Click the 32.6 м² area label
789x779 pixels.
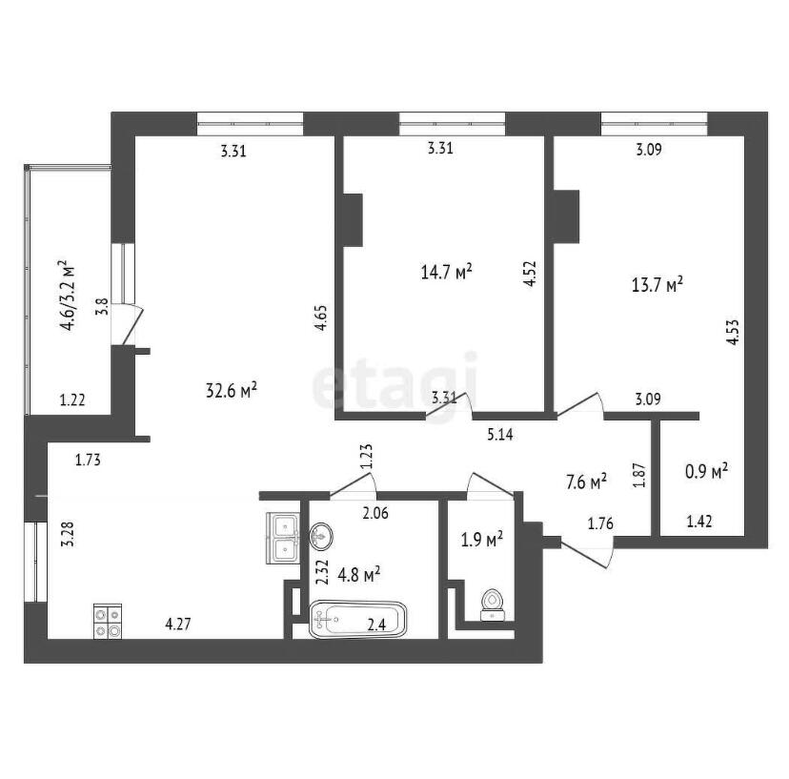pyautogui.click(x=232, y=390)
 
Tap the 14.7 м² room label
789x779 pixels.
pyautogui.click(x=446, y=273)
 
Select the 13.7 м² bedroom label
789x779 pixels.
pyautogui.click(x=657, y=285)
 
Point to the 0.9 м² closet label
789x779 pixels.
pyautogui.click(x=706, y=471)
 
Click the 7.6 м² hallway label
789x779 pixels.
pyautogui.click(x=586, y=482)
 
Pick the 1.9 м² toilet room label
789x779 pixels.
pyautogui.click(x=482, y=540)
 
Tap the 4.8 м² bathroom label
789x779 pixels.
pyautogui.click(x=359, y=575)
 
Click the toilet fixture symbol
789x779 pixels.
pyautogui.click(x=491, y=605)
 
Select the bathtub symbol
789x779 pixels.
pyautogui.click(x=357, y=620)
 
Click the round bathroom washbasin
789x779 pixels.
pyautogui.click(x=320, y=536)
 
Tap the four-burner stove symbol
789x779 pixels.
pyautogui.click(x=107, y=621)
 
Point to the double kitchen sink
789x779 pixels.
pyautogui.click(x=282, y=538)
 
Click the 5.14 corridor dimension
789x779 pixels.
pyautogui.click(x=500, y=434)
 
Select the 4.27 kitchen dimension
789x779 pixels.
pyautogui.click(x=178, y=625)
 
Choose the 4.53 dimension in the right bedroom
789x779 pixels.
pyautogui.click(x=733, y=332)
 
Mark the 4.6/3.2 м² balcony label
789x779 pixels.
pyautogui.click(x=68, y=295)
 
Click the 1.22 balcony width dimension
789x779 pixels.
pyautogui.click(x=72, y=400)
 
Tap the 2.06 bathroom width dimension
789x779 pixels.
pyautogui.click(x=375, y=513)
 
